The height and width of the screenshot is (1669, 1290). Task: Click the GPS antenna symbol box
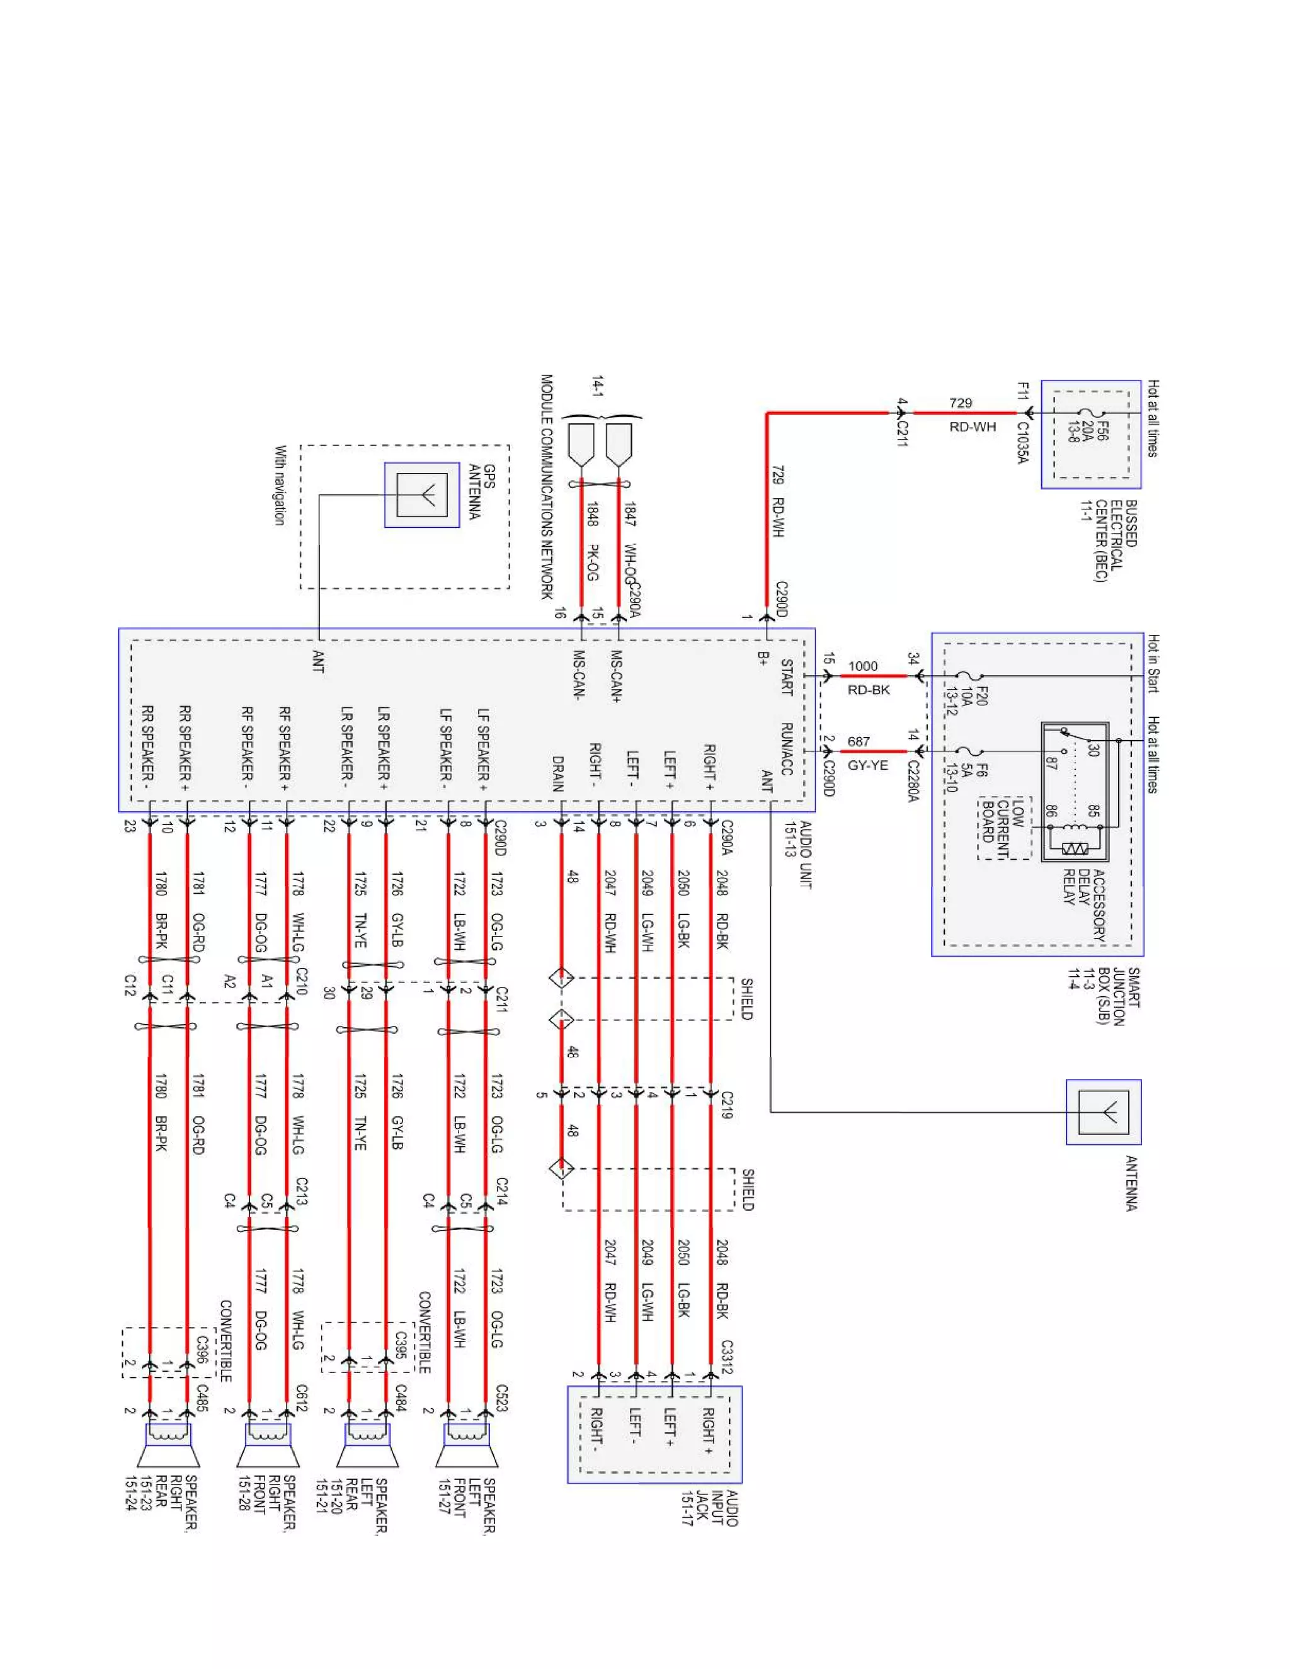(x=422, y=495)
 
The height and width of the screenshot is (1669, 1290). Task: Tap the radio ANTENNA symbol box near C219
(x=1104, y=1112)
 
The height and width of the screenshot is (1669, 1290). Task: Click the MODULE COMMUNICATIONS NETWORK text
(x=546, y=486)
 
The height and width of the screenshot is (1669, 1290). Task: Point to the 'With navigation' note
(x=280, y=485)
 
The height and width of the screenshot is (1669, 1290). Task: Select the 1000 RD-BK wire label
(x=866, y=678)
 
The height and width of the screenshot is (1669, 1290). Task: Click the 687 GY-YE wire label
(x=866, y=753)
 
